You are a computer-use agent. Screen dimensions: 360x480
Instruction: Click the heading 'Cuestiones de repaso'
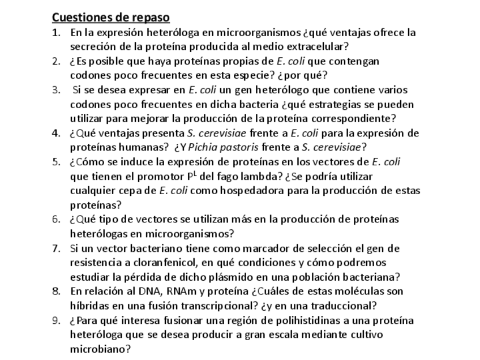(111, 18)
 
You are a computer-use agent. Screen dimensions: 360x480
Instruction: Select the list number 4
(56, 133)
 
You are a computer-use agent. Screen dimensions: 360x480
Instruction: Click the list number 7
(56, 248)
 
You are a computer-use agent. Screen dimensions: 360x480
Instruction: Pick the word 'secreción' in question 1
(93, 46)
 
